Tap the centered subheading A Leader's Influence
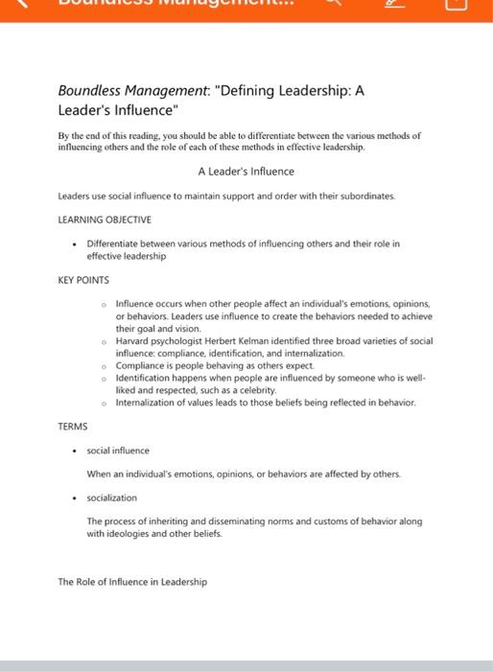tap(246, 172)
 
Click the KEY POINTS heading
tap(83, 280)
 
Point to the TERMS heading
tap(73, 426)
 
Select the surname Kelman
tap(264, 340)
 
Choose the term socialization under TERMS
tap(112, 497)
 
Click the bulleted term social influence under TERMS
tap(118, 450)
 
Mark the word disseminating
tap(220, 521)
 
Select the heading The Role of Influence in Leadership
tap(132, 582)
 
